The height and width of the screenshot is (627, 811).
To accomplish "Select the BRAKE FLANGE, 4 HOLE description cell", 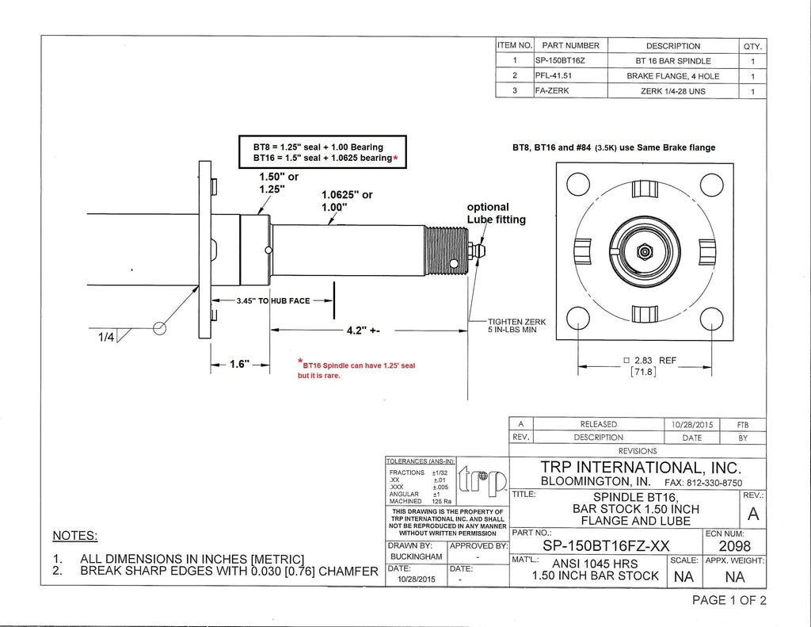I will coord(672,76).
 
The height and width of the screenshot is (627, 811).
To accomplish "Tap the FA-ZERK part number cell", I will coord(552,91).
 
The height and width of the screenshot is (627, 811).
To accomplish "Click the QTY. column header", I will coord(752,46).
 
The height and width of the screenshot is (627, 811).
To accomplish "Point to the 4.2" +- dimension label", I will coord(363,331).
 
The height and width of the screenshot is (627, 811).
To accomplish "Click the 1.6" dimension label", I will coord(240,364).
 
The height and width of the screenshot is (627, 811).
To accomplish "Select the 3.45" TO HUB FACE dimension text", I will coord(272,301).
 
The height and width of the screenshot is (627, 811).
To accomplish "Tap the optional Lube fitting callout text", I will coord(496,212).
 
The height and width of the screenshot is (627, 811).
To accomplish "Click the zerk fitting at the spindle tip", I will coord(477,250).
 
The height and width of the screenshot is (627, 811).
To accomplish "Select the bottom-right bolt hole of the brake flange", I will coord(711,318).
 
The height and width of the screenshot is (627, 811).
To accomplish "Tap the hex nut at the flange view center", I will coord(645,251).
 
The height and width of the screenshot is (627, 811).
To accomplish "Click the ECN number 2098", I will coord(734,546).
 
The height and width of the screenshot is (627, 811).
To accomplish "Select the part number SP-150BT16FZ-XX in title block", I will coord(606,546).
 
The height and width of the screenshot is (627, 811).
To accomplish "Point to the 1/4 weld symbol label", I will coord(106,337).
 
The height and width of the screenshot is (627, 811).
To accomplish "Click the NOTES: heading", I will coord(74,535).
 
